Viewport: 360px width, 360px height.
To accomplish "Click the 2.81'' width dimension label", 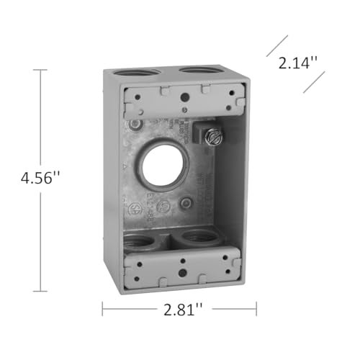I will pos(179,310).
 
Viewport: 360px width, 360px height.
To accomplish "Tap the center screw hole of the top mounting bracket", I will pos(185,96).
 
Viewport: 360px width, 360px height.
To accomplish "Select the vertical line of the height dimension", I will pos(41,130).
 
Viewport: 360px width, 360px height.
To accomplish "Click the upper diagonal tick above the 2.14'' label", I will pos(277,45).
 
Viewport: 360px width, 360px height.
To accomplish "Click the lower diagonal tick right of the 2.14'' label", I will pos(314,81).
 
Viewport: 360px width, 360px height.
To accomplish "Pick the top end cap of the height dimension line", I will pos(41,70).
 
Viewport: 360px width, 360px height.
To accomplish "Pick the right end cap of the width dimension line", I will pos(256,310).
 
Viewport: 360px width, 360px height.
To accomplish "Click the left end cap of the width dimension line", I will pos(103,310).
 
